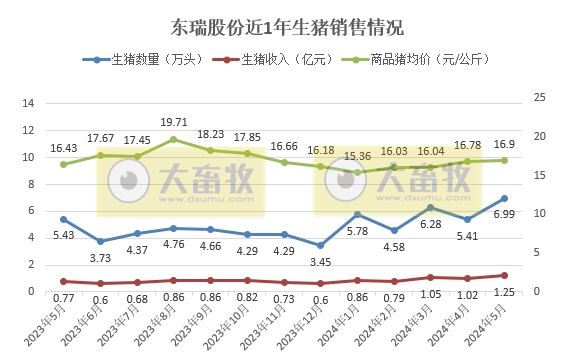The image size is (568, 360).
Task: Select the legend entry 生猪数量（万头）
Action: (151, 61)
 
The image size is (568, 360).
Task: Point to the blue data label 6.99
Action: (506, 215)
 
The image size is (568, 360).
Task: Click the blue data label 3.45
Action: (320, 261)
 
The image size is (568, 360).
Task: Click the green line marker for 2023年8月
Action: (174, 139)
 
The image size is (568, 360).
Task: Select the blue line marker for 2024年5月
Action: (505, 198)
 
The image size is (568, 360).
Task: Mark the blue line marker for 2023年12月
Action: (321, 245)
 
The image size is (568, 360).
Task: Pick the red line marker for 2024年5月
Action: (505, 275)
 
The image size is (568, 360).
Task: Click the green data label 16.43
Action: (62, 146)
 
